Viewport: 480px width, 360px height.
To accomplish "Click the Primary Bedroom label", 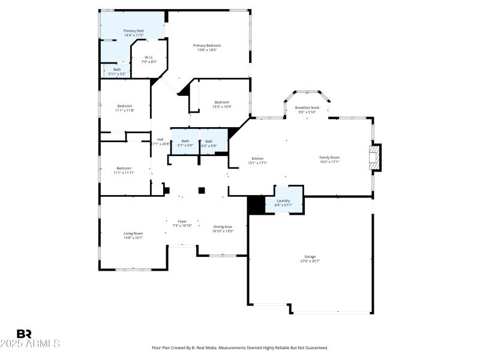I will point(207,47).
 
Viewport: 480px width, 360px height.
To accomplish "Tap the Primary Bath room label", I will point(134,33).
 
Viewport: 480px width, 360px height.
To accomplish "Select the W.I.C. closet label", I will point(149,59).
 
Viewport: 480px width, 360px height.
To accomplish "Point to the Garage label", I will point(310,259).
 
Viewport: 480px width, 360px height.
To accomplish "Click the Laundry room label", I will point(283,203).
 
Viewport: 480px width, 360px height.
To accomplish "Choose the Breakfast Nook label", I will point(307,110).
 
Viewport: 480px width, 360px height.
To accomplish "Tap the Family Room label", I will point(329,159).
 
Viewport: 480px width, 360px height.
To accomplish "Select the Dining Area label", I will point(223,229).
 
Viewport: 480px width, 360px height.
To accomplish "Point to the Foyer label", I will point(182,223).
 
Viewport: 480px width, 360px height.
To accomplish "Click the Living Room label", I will point(133,235).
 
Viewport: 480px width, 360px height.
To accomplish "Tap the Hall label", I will point(160,142).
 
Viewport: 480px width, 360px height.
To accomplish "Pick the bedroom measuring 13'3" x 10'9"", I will point(222,104).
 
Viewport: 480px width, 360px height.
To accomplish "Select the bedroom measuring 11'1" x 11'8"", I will point(125,108).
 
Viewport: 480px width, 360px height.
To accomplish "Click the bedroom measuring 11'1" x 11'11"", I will point(124,170).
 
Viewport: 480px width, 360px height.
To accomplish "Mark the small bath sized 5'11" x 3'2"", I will point(117,71).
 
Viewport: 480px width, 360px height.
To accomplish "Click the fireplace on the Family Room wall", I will point(375,157).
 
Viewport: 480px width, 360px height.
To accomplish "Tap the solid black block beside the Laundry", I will point(257,205).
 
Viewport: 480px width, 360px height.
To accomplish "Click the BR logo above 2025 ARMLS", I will point(24,334).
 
